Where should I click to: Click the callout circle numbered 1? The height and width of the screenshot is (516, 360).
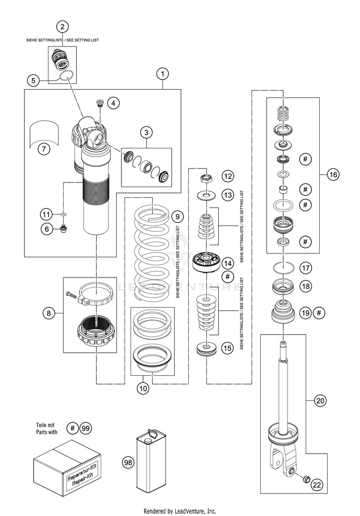click(x=162, y=74)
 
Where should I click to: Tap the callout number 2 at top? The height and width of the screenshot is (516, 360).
click(x=62, y=27)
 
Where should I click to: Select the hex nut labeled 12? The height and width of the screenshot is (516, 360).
click(x=206, y=179)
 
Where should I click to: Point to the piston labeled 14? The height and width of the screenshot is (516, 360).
click(x=206, y=261)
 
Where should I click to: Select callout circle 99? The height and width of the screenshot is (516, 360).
click(x=85, y=428)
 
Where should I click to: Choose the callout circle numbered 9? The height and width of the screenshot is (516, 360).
click(x=178, y=216)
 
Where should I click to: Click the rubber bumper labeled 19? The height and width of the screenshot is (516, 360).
click(x=283, y=312)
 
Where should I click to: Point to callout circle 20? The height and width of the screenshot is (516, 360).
click(x=320, y=400)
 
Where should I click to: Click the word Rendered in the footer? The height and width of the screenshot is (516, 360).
click(x=155, y=511)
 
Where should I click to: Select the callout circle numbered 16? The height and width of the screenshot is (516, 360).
click(x=333, y=174)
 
